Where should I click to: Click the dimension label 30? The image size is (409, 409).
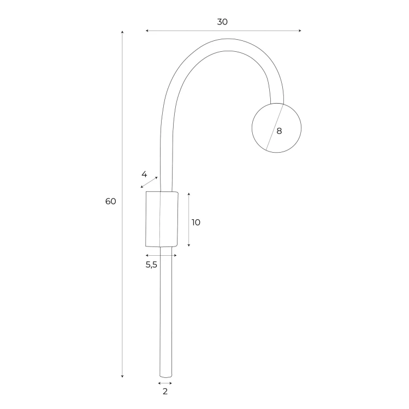[222, 22]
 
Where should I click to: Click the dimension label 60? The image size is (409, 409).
[111, 201]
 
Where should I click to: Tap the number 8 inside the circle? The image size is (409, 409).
[280, 131]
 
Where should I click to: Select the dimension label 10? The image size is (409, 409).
[196, 222]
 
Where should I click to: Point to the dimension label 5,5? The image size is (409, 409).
[151, 265]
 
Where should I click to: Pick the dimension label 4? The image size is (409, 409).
[144, 175]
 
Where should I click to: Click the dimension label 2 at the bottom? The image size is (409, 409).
[165, 391]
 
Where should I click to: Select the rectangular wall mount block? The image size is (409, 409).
[162, 218]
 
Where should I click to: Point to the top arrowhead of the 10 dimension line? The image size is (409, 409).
[188, 194]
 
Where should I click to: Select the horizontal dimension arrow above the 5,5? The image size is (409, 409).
[161, 255]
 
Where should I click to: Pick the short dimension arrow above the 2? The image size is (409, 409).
[165, 383]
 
